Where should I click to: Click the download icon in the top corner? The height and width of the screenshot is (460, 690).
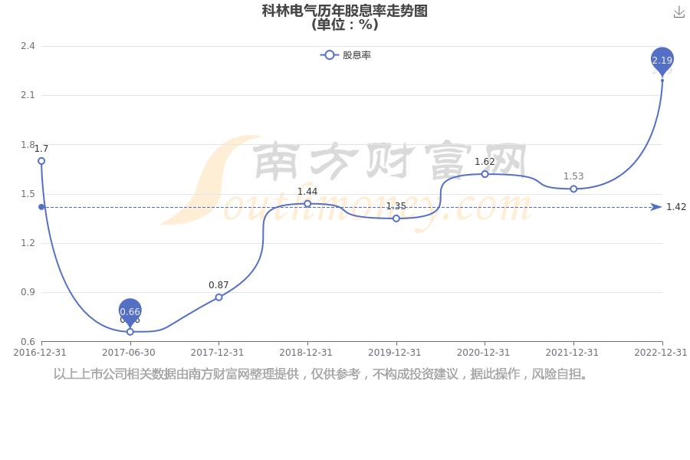[x=679, y=12]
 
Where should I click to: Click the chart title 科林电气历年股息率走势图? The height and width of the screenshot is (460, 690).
[x=344, y=11]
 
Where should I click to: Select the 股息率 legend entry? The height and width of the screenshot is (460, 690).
[x=346, y=55]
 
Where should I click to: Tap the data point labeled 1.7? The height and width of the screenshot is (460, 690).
[x=41, y=161]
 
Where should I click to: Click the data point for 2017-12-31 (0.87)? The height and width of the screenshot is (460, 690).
[x=219, y=297]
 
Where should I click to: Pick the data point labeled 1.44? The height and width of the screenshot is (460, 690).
[x=307, y=204]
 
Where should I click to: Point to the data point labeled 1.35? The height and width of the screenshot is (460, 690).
[x=396, y=219]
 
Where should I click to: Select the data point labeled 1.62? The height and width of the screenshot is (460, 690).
[x=485, y=174]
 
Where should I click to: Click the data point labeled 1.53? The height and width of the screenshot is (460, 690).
[x=573, y=189]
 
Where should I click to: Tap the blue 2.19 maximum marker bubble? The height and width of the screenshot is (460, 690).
[x=662, y=60]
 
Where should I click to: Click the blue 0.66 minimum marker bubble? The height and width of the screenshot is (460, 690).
[x=130, y=311]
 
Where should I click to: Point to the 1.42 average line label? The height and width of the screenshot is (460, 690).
[x=676, y=207]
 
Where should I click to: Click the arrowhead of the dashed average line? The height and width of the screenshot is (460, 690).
[x=656, y=207]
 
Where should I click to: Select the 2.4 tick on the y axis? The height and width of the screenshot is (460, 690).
[x=28, y=46]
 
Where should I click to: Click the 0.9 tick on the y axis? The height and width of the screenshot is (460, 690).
[x=28, y=292]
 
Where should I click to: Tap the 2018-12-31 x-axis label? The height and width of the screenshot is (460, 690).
[x=306, y=353]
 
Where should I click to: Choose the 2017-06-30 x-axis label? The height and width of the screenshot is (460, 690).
[x=129, y=353]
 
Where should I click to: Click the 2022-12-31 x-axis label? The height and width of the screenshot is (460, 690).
[x=661, y=353]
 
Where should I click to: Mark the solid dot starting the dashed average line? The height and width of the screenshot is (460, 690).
[x=41, y=207]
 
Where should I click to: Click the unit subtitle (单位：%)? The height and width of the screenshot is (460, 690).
[x=345, y=25]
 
